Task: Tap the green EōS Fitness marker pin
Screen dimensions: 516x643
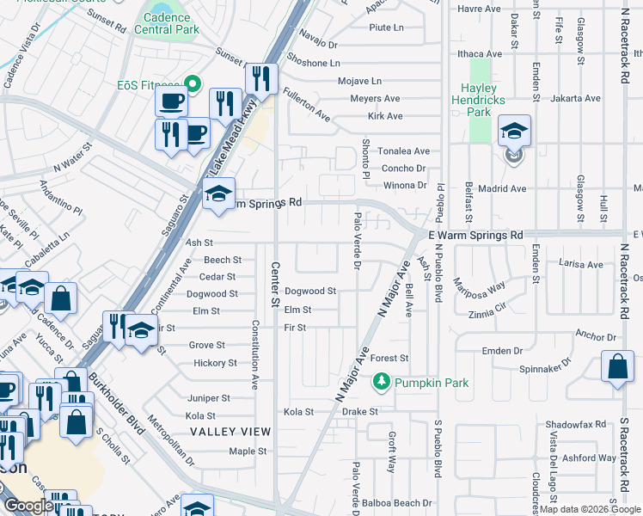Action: point(193,85)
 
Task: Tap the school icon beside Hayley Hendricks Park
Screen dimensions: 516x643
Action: point(514,132)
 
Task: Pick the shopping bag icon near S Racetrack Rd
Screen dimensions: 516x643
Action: point(617,367)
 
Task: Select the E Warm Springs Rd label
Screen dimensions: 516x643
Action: point(475,235)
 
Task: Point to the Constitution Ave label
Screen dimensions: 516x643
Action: point(255,354)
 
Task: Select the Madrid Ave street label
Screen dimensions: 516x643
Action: point(502,188)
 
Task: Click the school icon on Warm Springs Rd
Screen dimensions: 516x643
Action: point(218,195)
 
